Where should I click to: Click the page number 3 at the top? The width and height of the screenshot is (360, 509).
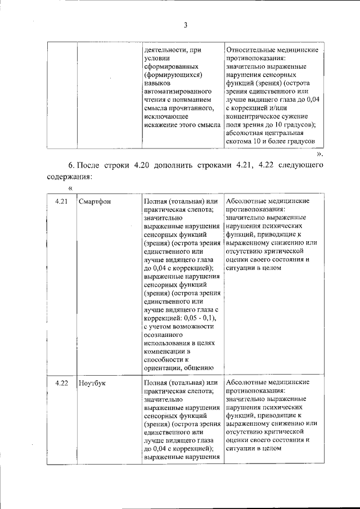[184, 24]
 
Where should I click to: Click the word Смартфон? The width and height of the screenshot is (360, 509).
[96, 201]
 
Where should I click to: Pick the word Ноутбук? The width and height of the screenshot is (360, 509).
[93, 384]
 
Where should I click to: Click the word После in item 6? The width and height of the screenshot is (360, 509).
[88, 165]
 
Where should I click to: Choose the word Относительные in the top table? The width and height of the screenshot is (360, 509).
[250, 49]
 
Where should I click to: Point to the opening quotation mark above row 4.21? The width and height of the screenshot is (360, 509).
[71, 188]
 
